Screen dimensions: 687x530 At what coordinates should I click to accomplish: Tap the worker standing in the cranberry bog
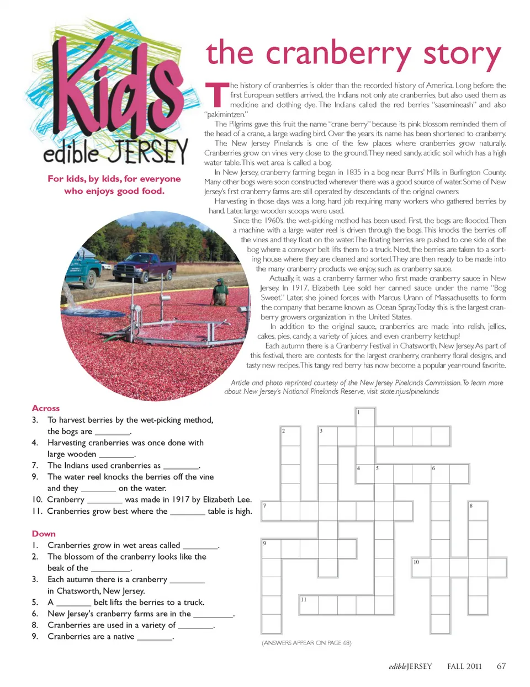[x=221, y=291]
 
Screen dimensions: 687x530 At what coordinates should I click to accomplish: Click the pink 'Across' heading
[x=46, y=408]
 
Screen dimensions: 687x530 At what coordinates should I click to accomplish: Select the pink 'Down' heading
[x=44, y=534]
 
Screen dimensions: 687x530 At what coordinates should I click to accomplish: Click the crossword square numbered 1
[x=365, y=417]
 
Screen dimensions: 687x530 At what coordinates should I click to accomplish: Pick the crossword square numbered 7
[x=271, y=510]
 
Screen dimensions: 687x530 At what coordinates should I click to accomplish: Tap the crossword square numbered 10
[x=421, y=567]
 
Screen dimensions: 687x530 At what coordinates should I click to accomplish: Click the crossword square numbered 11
[x=309, y=605]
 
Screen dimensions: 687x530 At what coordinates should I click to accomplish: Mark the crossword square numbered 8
[x=478, y=510]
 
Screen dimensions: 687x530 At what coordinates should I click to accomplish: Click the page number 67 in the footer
[x=501, y=666]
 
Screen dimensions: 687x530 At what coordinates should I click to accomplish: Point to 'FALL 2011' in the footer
[x=464, y=666]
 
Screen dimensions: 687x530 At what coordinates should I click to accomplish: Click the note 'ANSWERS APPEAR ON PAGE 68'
[x=306, y=643]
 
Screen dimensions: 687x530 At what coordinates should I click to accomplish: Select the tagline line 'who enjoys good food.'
[x=114, y=191]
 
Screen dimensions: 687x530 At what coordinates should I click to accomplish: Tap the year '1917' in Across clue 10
[x=181, y=499]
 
